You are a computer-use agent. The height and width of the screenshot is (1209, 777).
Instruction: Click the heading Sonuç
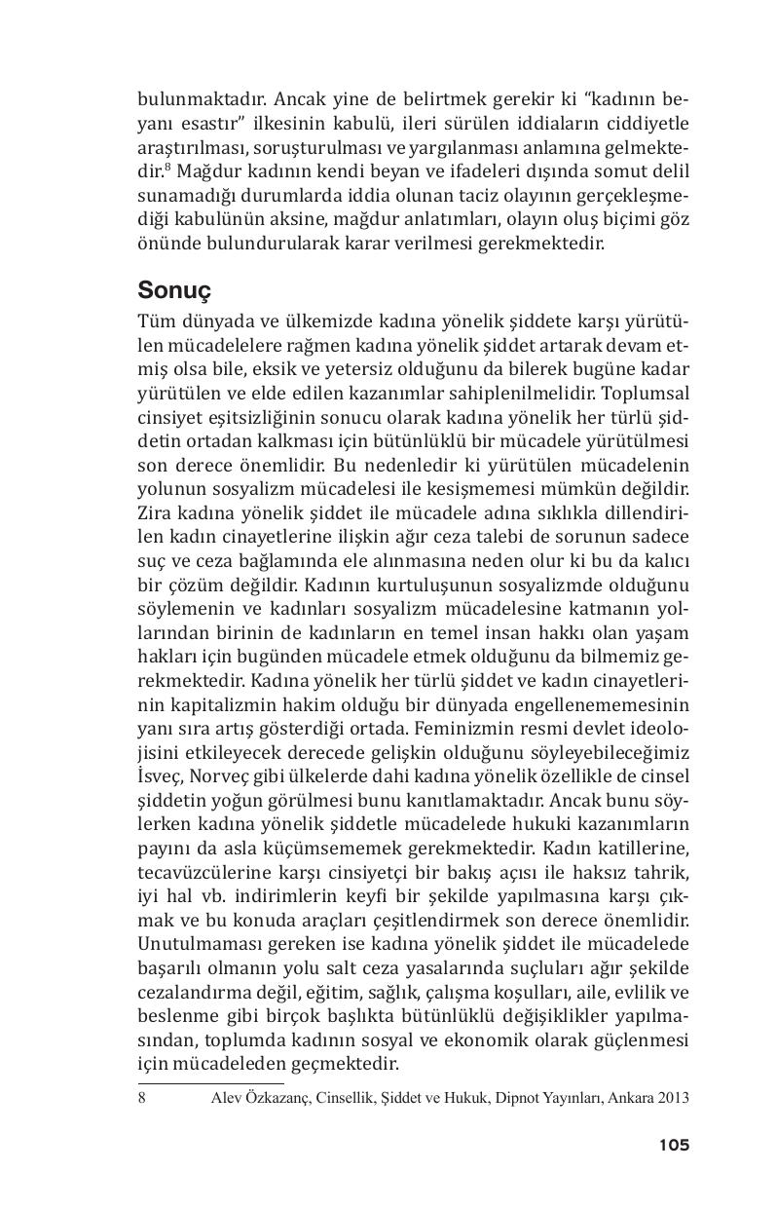click(175, 290)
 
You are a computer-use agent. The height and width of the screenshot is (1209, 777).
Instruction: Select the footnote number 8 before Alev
click(142, 1098)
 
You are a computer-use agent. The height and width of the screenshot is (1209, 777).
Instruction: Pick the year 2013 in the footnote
click(672, 1098)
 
